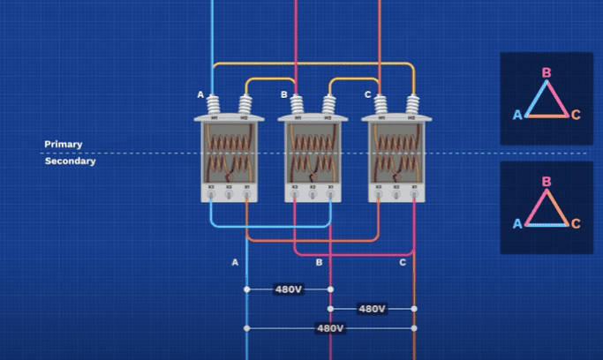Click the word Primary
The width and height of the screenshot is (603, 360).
pos(64,144)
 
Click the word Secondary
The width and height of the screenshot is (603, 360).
pos(71,161)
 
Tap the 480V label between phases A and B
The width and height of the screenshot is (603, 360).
pos(289,289)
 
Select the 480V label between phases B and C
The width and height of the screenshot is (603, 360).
pos(372,309)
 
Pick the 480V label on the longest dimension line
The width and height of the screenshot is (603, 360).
pos(330,328)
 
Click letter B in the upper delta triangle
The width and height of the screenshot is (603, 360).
pos(546,73)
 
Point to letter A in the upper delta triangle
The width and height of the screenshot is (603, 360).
pos(518,115)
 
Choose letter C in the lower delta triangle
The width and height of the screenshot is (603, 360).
pos(576,223)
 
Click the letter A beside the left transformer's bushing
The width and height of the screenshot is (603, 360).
pos(200,94)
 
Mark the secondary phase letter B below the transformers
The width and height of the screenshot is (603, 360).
pos(320,262)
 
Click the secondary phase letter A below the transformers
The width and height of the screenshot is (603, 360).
pos(235,262)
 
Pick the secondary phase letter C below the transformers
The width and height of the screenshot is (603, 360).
pos(403,262)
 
